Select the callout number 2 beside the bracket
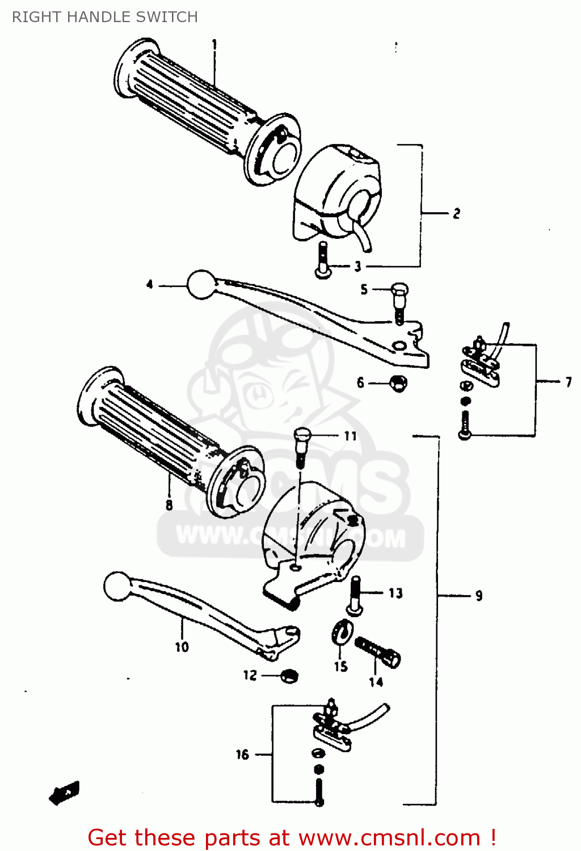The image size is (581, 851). (456, 214)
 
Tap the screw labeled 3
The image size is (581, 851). (322, 260)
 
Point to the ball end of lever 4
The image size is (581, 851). (201, 284)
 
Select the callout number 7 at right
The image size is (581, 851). (568, 382)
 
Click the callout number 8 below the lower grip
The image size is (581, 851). (169, 504)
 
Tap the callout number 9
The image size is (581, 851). (479, 595)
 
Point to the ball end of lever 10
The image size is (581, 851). (118, 586)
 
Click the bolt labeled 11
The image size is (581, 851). (302, 446)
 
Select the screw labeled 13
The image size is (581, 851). (355, 596)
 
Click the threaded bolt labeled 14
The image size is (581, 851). (377, 652)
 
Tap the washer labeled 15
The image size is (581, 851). (342, 631)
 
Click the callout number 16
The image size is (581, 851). (242, 755)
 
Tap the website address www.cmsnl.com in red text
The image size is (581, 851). (389, 837)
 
